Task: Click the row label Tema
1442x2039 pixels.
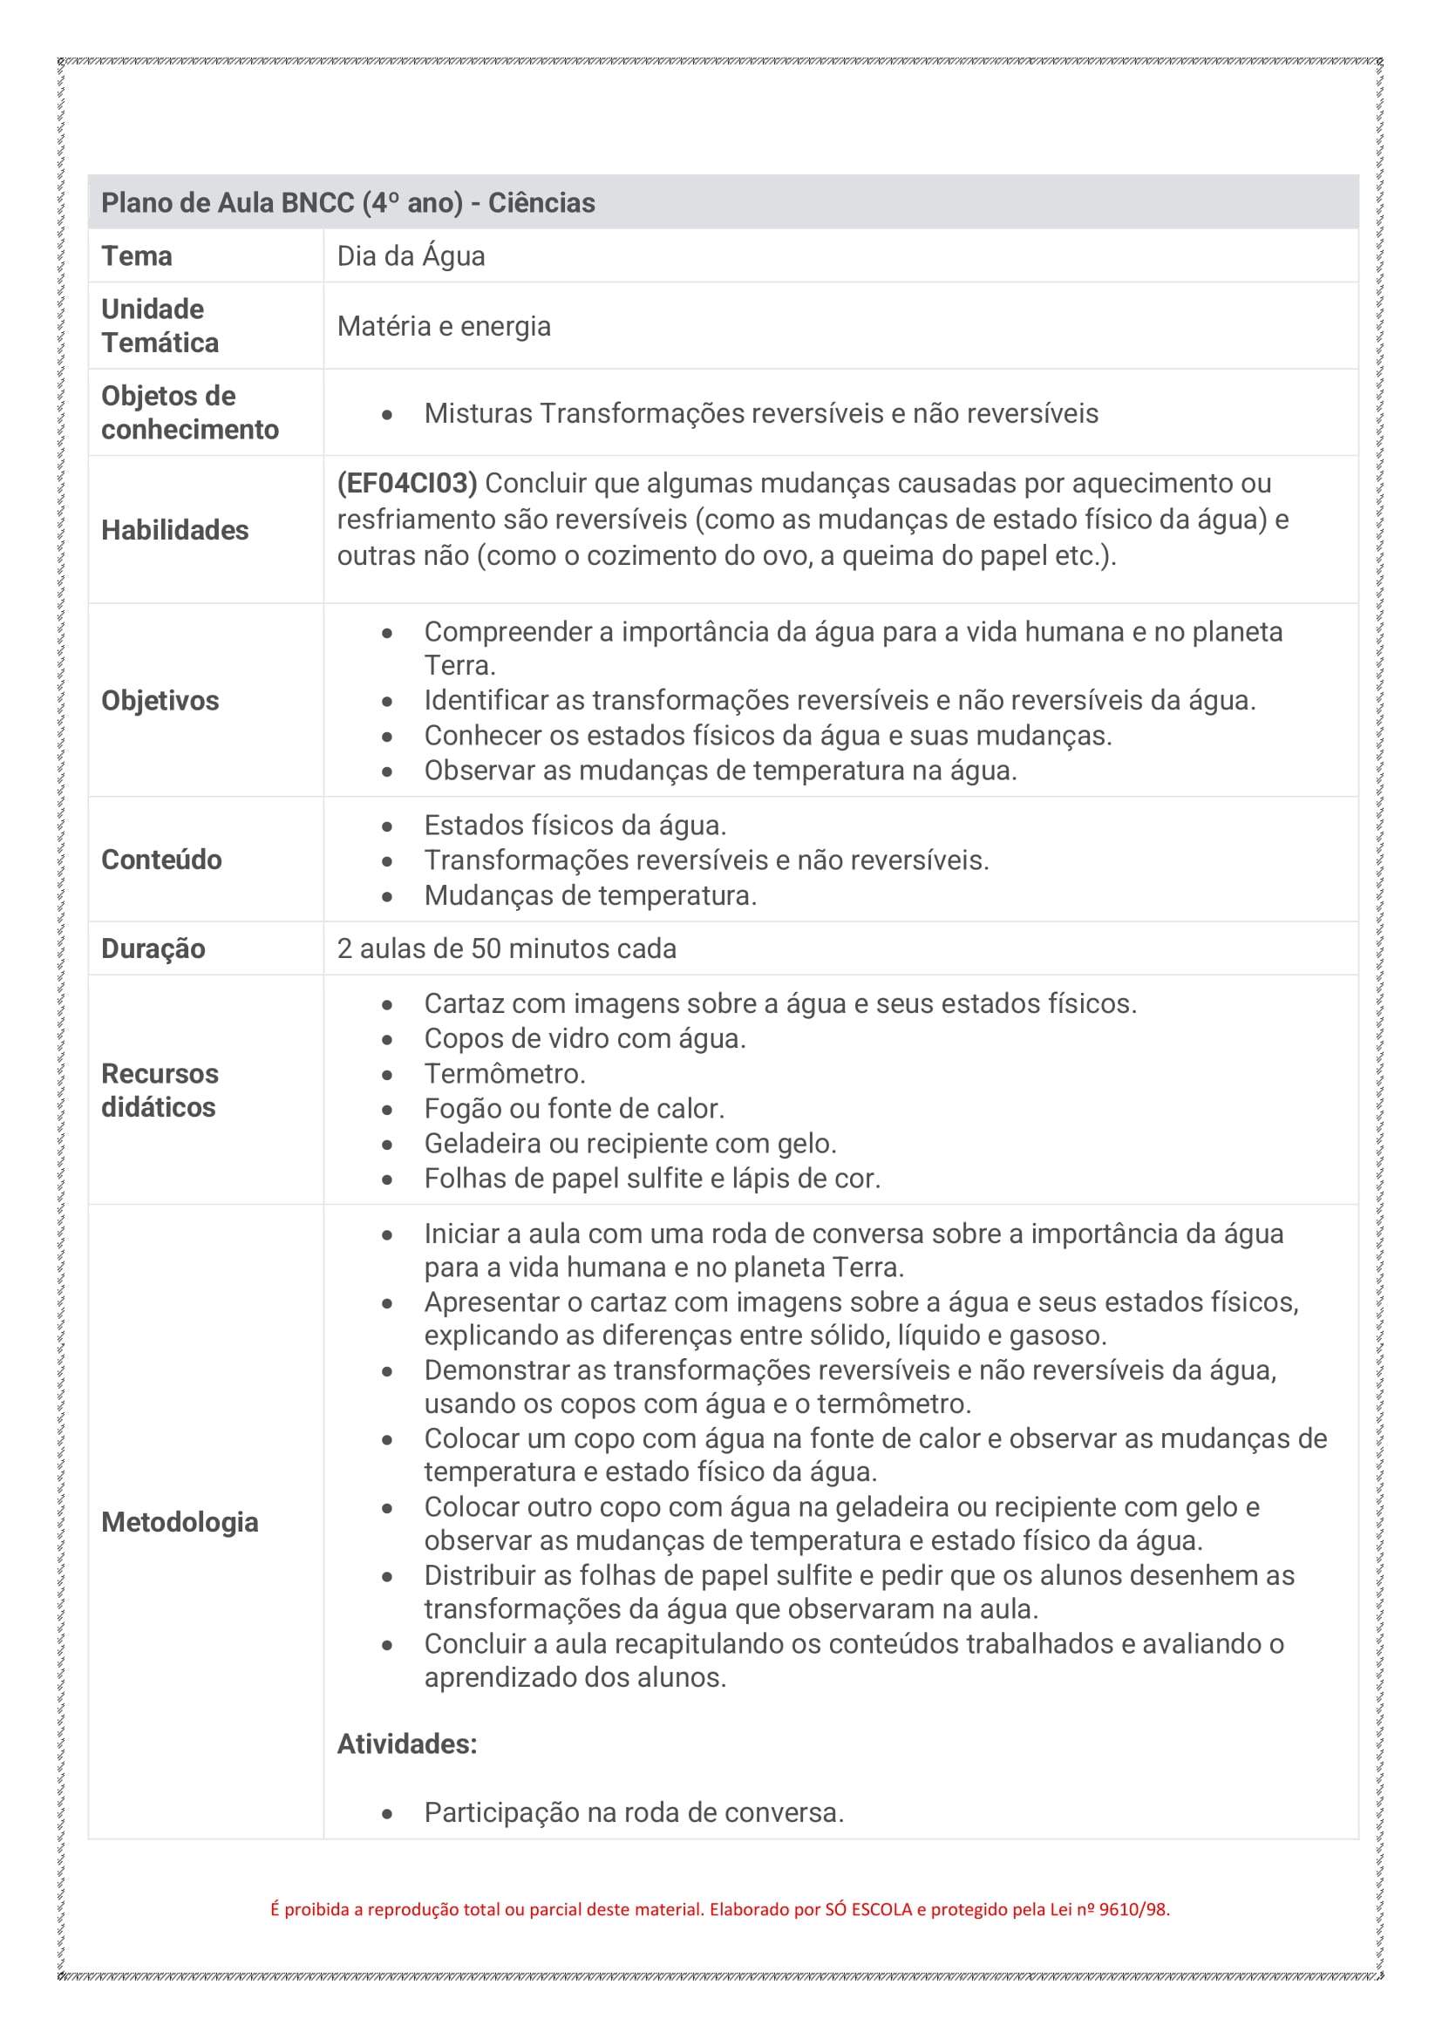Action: point(137,255)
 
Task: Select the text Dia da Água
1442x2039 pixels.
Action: point(411,255)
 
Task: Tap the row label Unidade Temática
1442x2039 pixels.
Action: point(160,326)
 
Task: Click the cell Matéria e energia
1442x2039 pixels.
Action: point(444,326)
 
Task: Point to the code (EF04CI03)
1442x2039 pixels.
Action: point(406,483)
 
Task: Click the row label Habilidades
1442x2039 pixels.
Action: point(175,530)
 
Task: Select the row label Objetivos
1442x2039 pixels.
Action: point(160,701)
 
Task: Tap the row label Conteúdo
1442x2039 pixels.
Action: point(161,860)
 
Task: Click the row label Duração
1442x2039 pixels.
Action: point(153,948)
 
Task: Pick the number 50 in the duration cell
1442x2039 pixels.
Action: point(486,948)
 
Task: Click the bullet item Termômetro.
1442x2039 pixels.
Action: point(504,1074)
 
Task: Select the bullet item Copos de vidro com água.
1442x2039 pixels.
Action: point(584,1038)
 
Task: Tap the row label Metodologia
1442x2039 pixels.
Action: point(180,1522)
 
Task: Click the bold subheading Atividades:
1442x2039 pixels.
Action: point(406,1743)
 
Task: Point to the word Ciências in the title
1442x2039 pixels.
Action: point(541,202)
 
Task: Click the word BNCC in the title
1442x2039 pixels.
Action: point(317,202)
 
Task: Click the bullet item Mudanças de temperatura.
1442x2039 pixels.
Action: point(589,895)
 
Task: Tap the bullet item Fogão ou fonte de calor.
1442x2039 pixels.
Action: point(574,1108)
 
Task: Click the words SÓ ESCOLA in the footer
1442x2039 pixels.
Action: point(868,1909)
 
